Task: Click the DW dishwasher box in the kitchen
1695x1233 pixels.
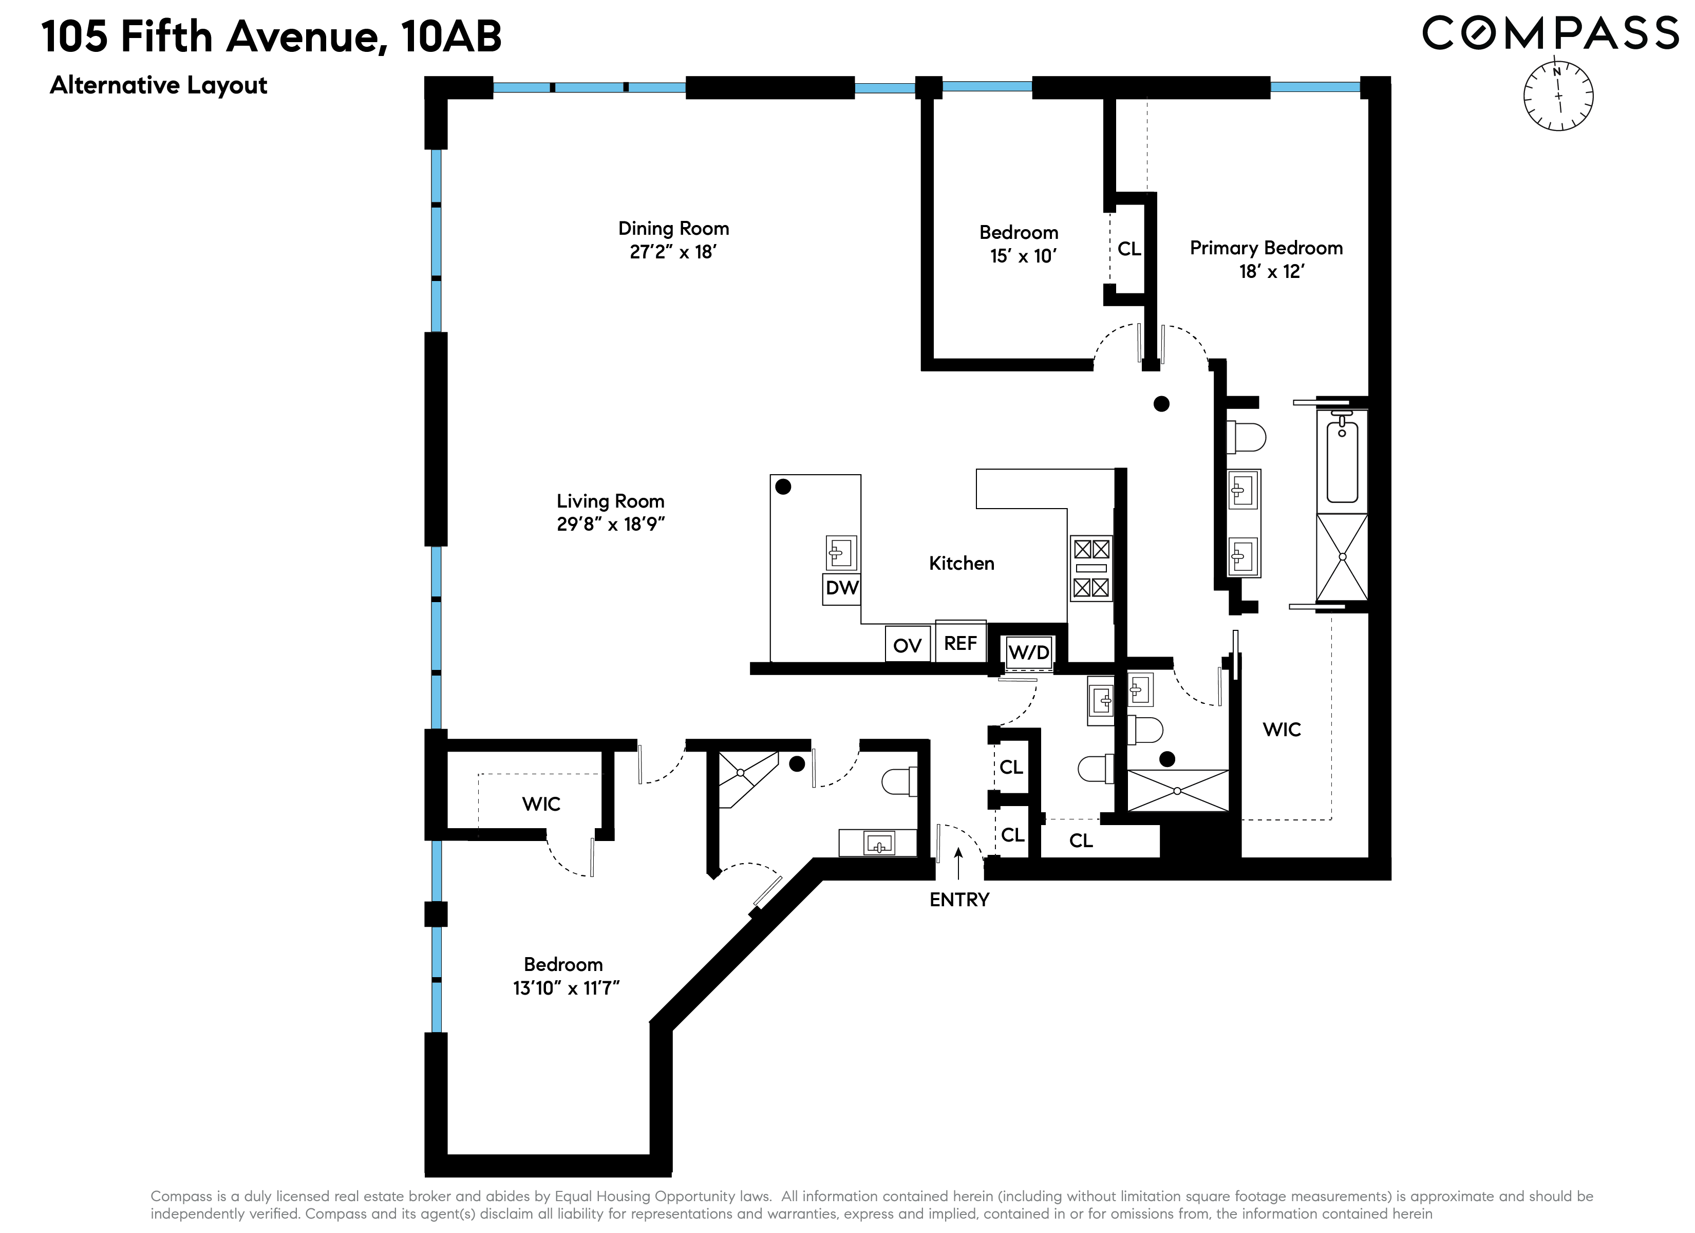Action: point(841,588)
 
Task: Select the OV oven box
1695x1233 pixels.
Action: point(907,645)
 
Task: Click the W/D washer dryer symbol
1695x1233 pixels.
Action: point(1028,652)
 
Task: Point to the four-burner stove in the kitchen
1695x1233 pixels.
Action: point(1091,568)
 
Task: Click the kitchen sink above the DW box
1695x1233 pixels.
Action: point(841,553)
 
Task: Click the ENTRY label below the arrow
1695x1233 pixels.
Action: point(959,900)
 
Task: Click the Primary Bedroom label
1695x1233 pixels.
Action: point(1266,248)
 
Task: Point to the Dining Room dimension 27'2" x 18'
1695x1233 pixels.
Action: point(673,252)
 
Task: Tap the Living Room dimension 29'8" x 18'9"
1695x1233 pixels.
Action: point(611,524)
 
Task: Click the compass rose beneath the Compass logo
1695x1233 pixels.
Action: point(1558,96)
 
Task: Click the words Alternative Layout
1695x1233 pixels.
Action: point(158,85)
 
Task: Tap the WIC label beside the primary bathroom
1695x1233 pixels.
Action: point(1282,729)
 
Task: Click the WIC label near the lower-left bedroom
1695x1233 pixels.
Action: point(541,804)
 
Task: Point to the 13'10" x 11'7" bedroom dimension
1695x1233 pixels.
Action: point(566,988)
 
